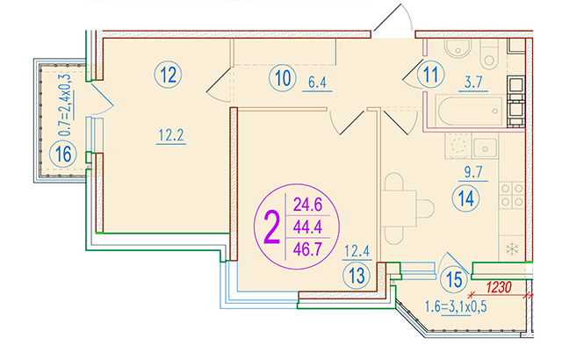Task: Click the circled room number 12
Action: point(168,76)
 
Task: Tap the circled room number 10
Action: point(283,78)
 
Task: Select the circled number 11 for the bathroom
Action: point(431,75)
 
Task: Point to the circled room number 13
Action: point(357,276)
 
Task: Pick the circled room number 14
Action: point(466,198)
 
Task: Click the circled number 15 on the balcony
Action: point(454,279)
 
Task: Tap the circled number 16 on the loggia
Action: point(63,155)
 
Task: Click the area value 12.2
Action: point(171,135)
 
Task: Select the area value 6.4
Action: point(318,83)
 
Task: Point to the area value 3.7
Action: point(473,83)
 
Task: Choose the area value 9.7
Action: point(473,172)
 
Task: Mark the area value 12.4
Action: point(357,251)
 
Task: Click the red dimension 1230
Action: point(498,287)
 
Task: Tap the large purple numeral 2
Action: point(271,227)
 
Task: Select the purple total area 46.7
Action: point(307,249)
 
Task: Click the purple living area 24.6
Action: point(308,205)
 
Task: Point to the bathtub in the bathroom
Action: point(469,111)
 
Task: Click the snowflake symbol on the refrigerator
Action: point(512,248)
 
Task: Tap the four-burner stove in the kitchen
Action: point(512,195)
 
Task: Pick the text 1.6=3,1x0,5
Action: point(456,307)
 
